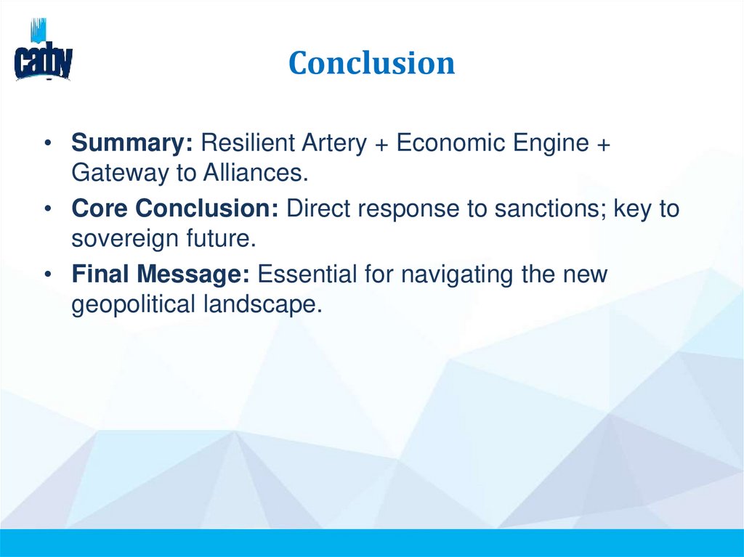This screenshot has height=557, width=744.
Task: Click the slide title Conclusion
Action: coord(371,63)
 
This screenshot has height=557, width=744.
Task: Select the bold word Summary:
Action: coord(132,143)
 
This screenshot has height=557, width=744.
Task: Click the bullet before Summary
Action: coord(47,143)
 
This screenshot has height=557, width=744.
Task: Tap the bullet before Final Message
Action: coord(47,276)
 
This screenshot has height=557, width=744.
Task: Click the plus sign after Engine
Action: coord(603,144)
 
